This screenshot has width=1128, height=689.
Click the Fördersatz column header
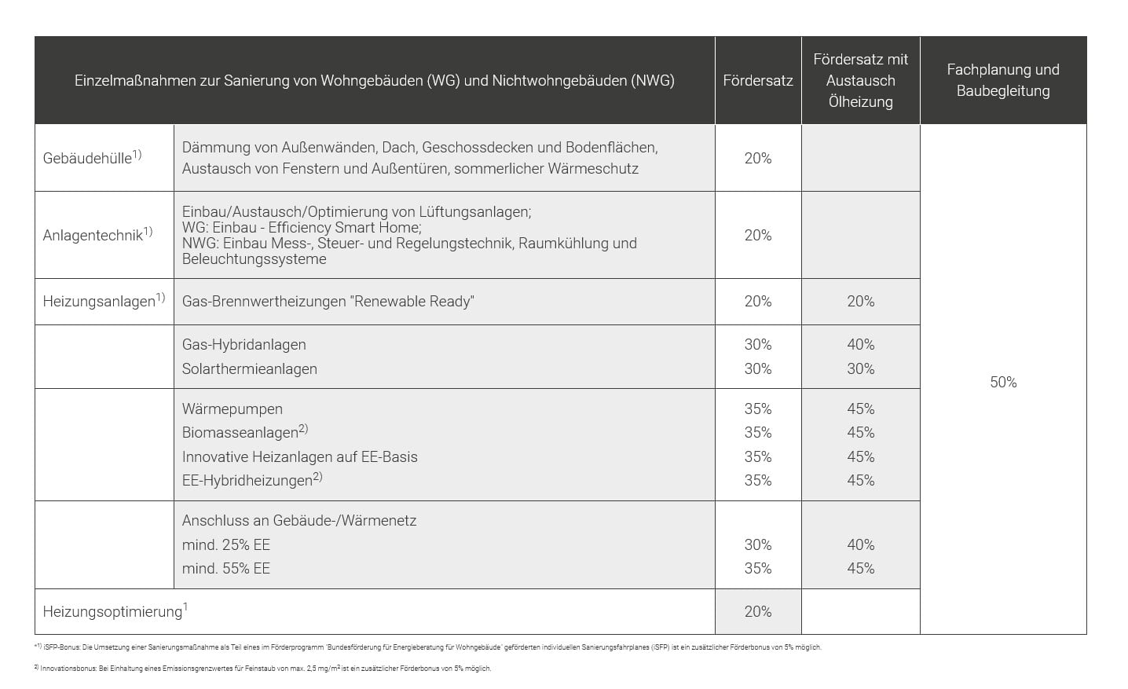click(x=758, y=81)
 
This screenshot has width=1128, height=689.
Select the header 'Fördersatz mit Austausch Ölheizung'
click(x=861, y=81)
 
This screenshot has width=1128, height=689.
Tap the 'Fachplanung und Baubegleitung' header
click(x=1003, y=80)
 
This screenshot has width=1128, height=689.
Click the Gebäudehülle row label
click(x=92, y=157)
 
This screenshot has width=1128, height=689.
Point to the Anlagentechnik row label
click(x=97, y=234)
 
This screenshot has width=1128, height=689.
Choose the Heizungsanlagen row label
click(x=104, y=300)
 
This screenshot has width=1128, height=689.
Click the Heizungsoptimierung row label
click(x=115, y=611)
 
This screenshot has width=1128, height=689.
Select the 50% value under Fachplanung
click(x=1003, y=383)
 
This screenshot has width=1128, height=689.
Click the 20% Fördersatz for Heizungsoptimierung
click(x=758, y=611)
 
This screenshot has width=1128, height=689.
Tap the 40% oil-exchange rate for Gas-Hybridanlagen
click(x=861, y=344)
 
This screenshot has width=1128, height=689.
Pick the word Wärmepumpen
click(x=233, y=409)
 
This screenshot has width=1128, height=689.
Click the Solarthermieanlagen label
click(x=250, y=369)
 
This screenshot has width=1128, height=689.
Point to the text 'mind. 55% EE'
click(x=226, y=569)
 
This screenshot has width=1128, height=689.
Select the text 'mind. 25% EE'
click(x=226, y=545)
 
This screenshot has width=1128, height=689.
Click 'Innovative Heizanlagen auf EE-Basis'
click(x=299, y=456)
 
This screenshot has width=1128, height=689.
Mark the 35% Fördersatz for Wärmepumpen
click(x=758, y=409)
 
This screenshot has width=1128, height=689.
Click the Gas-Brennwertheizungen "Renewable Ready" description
click(x=328, y=302)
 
